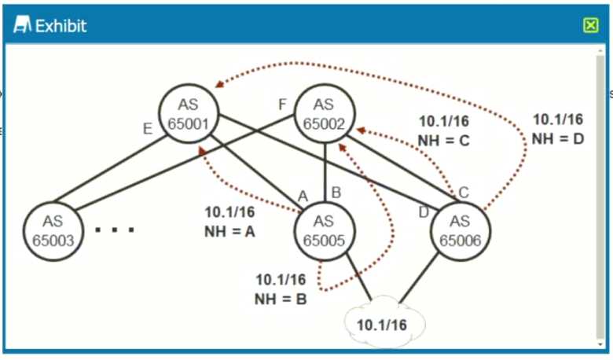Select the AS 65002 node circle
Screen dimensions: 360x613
click(x=323, y=115)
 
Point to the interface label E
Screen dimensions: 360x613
click(x=147, y=130)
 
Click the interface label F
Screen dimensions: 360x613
click(x=283, y=105)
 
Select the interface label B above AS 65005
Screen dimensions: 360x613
click(x=336, y=192)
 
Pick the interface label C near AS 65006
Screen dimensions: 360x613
click(x=464, y=192)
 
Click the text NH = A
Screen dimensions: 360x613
click(x=229, y=231)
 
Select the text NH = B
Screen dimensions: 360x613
click(x=281, y=298)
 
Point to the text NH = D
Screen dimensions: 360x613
click(x=557, y=138)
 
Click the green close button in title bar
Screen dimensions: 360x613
click(x=591, y=25)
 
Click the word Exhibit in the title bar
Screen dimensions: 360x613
click(x=61, y=26)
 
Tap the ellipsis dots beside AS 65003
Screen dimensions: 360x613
click(x=115, y=230)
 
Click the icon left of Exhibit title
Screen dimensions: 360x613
click(x=23, y=26)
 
